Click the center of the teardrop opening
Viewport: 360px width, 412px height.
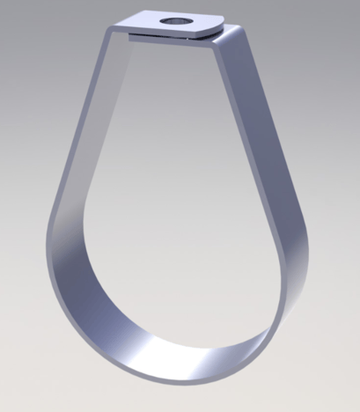point(176,202)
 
